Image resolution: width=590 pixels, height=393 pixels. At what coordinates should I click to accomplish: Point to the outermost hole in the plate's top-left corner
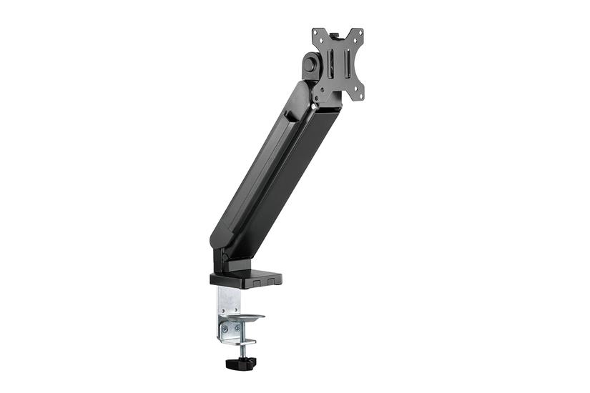click(317, 33)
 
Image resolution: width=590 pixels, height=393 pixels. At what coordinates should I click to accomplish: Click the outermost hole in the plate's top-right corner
click(360, 34)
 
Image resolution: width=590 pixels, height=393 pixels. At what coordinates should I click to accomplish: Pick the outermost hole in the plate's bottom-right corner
click(360, 96)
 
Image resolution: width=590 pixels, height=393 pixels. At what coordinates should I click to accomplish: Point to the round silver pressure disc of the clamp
click(243, 318)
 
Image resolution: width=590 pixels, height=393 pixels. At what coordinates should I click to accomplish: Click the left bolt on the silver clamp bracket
click(227, 329)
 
